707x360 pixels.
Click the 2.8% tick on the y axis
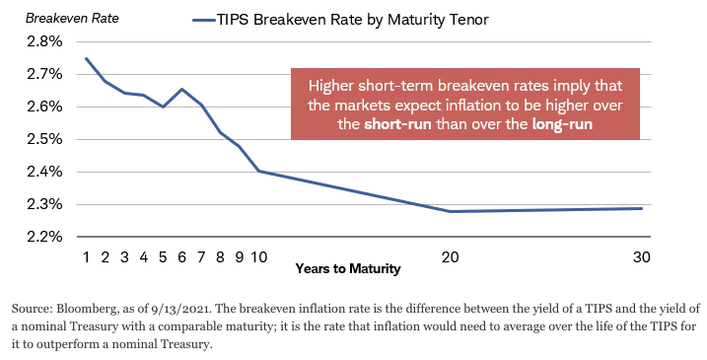click(x=44, y=41)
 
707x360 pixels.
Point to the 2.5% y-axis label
click(x=44, y=139)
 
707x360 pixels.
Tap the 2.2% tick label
click(x=44, y=237)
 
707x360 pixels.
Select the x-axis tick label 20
click(x=450, y=257)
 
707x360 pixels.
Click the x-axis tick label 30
click(x=642, y=257)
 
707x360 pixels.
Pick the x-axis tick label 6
click(x=181, y=257)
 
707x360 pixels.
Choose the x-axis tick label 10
click(x=258, y=257)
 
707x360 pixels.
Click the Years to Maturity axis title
click(x=348, y=269)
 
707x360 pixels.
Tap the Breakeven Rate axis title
click(x=72, y=18)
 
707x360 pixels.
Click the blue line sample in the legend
click(x=205, y=20)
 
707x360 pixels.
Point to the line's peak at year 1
click(x=86, y=58)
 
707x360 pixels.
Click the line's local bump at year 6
click(x=181, y=89)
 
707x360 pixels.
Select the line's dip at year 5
click(x=163, y=107)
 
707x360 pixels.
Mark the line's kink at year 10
click(x=258, y=171)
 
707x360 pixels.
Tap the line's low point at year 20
click(x=450, y=211)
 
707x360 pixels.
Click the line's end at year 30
click(x=642, y=208)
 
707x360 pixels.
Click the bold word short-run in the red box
click(x=397, y=124)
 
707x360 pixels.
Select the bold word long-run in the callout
click(x=562, y=124)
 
